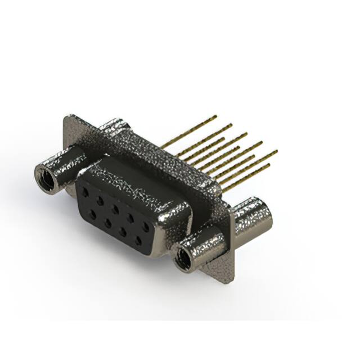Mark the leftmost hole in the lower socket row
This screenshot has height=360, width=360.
pyautogui.click(x=92, y=212)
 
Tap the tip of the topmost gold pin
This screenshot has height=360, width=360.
pyautogui.click(x=215, y=117)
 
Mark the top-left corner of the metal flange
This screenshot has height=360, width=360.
pyautogui.click(x=67, y=116)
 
